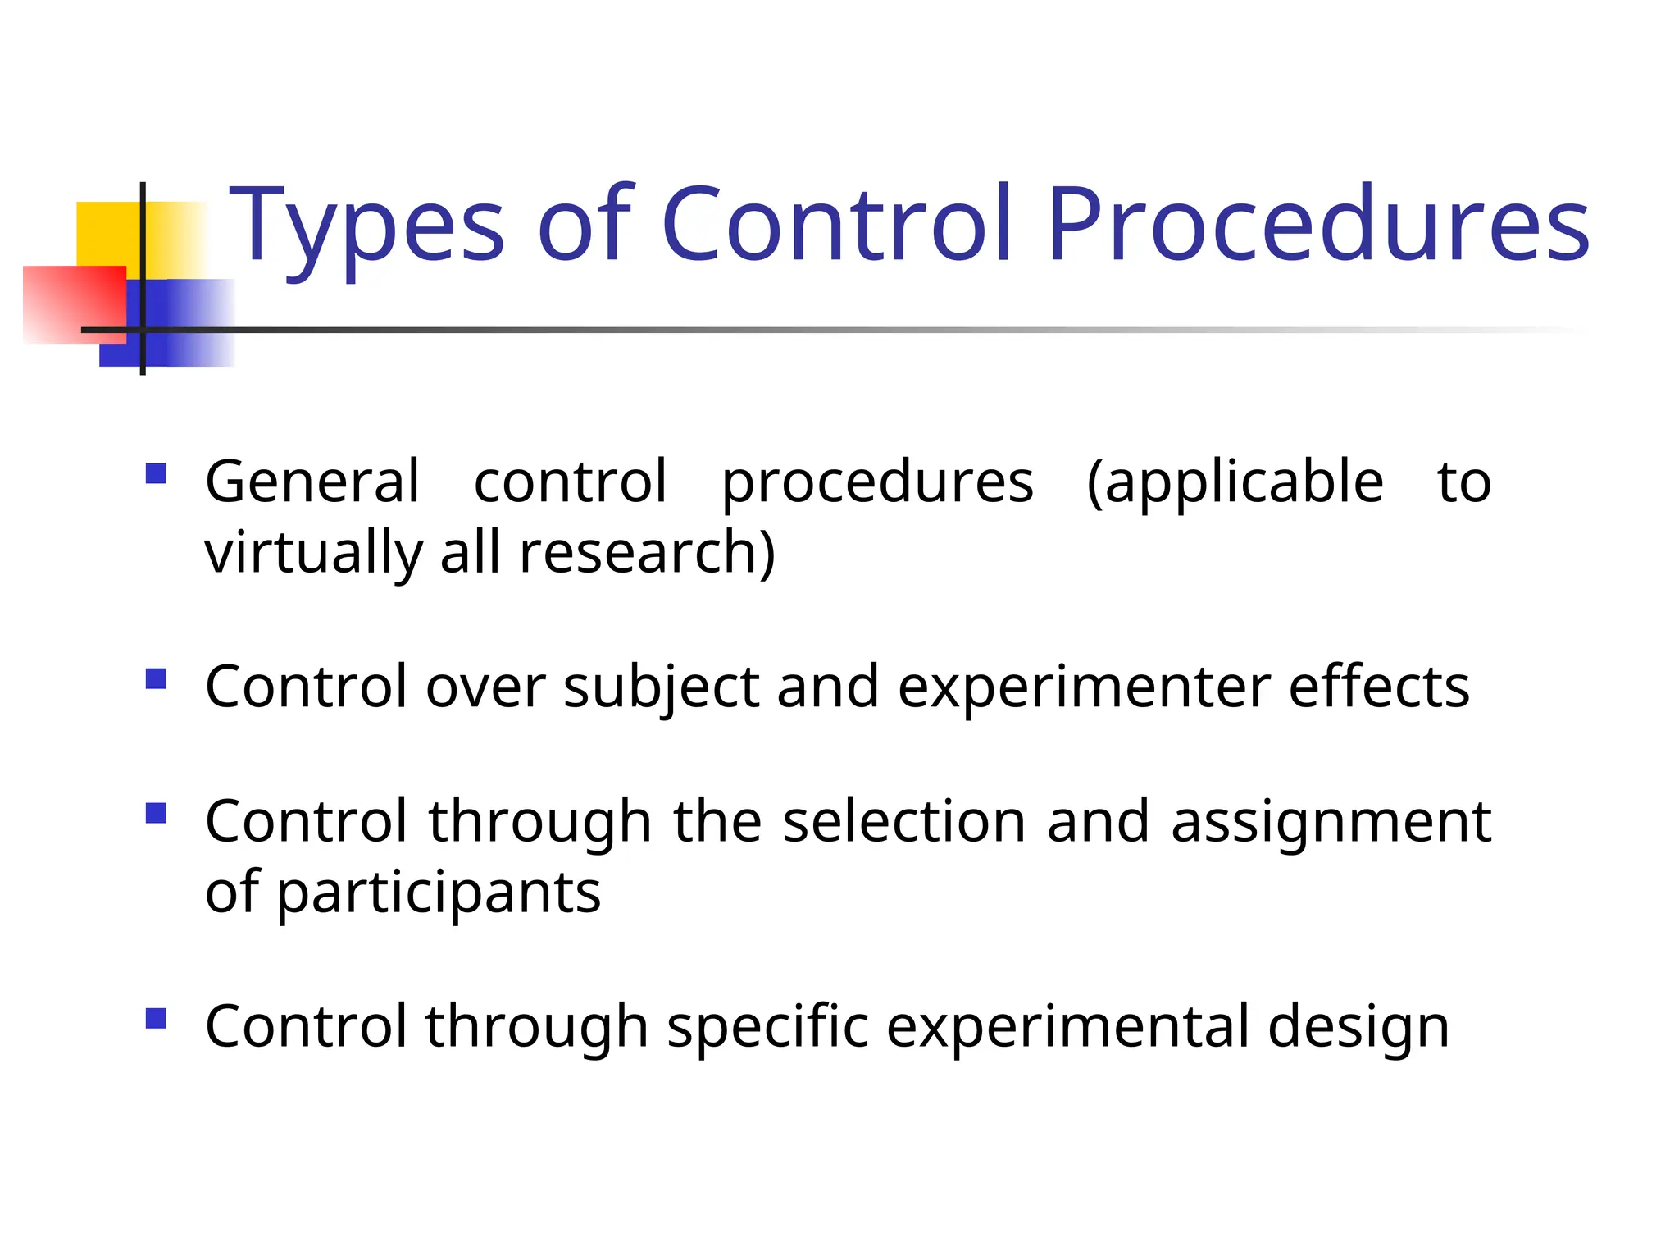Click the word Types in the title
pos(366,226)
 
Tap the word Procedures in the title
pos(1318,226)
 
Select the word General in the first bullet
pos(312,482)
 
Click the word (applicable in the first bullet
pos(1235,483)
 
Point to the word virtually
pos(312,553)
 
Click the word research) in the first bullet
pos(647,553)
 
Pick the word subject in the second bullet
pos(661,687)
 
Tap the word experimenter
pos(1084,687)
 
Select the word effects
pos(1379,687)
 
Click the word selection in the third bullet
pos(904,822)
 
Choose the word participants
pos(439,894)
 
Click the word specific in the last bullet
pos(767,1027)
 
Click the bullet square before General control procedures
pos(156,474)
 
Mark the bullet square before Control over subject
pos(156,679)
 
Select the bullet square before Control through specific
pos(156,1019)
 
